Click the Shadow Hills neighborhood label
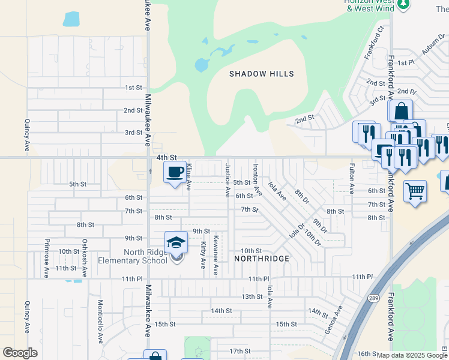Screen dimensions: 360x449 coord(262,74)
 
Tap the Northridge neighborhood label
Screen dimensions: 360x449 coord(262,259)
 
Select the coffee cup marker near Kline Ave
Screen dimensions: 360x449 coord(175,172)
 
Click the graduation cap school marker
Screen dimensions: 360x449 coord(176,243)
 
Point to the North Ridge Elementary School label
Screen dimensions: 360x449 coord(137,256)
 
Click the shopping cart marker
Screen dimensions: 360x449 coord(415,192)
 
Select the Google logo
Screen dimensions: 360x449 coord(20,352)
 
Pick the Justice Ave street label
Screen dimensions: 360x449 coord(228,180)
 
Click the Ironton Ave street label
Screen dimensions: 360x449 coord(256,179)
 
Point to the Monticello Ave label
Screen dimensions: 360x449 coord(101,322)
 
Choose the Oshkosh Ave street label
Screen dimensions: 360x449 coord(85,259)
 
